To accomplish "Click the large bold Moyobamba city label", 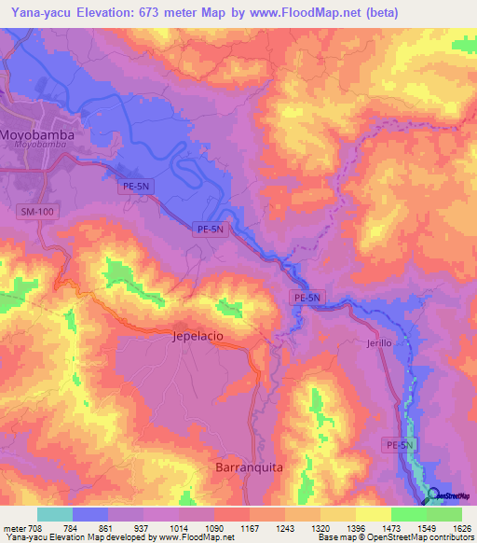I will tap(37, 134).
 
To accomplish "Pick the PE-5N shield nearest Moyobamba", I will tap(134, 187).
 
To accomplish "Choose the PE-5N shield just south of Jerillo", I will tap(398, 447).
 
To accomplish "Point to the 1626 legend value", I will tap(462, 528).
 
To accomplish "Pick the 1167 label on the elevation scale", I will tap(250, 528).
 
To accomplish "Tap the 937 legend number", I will tap(143, 528).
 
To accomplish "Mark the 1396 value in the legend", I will tap(356, 528).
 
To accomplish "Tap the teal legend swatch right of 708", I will tap(55, 514).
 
